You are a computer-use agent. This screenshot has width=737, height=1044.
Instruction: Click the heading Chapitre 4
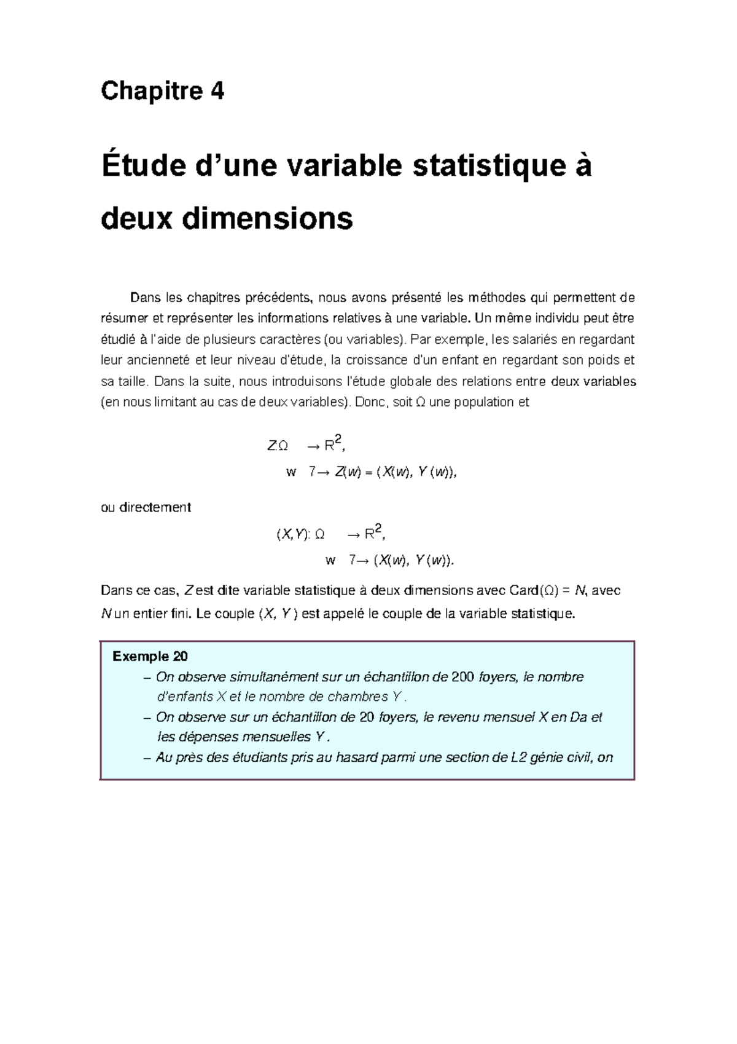point(162,92)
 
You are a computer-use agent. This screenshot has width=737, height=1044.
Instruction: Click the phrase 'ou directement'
point(146,508)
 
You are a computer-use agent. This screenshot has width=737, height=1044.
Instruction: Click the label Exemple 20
point(150,657)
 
